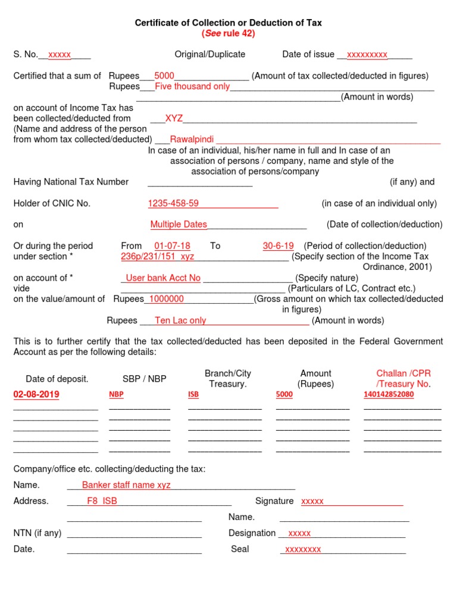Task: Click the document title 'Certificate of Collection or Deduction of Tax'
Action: point(228,23)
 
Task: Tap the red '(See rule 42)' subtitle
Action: point(228,33)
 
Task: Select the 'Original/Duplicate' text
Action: point(209,54)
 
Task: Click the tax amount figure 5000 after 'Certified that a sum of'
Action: point(164,76)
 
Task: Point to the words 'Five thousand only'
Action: point(192,86)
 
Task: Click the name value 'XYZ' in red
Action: point(174,119)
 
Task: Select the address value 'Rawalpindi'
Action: point(192,139)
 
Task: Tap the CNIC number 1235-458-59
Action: point(173,204)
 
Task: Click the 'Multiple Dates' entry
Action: point(179,225)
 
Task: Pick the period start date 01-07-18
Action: point(172,246)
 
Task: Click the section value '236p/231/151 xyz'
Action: point(157,256)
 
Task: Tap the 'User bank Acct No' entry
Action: point(163,278)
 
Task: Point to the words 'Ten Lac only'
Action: point(180,320)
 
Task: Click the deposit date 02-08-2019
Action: point(36,394)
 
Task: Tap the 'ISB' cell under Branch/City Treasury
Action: point(193,394)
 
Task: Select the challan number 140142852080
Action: point(389,394)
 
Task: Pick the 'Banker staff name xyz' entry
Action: point(126,485)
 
